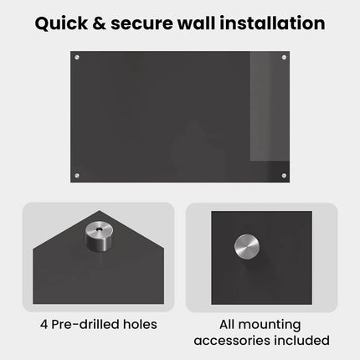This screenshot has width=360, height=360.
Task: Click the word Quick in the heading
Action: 61,23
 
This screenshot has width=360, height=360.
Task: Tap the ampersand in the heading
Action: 99,23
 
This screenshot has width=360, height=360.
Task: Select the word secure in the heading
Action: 142,24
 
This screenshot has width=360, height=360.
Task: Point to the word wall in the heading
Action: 197,23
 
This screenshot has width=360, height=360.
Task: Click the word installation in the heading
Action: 272,23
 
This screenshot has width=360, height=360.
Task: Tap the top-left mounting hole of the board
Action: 77,58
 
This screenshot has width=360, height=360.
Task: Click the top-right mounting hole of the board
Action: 284,58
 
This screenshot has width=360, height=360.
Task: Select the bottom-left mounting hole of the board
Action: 77,176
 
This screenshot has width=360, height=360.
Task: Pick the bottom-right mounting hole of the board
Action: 284,176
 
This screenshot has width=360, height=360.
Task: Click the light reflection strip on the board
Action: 270,106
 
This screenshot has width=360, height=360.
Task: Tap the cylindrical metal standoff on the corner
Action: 99,236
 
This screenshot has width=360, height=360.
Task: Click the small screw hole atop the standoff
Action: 99,229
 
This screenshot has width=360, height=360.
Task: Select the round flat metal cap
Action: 247,247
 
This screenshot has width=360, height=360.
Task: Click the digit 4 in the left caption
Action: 44,325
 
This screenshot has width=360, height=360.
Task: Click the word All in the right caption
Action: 227,324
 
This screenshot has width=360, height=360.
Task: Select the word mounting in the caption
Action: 270,326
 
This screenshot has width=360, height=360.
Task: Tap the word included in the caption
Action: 301,340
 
